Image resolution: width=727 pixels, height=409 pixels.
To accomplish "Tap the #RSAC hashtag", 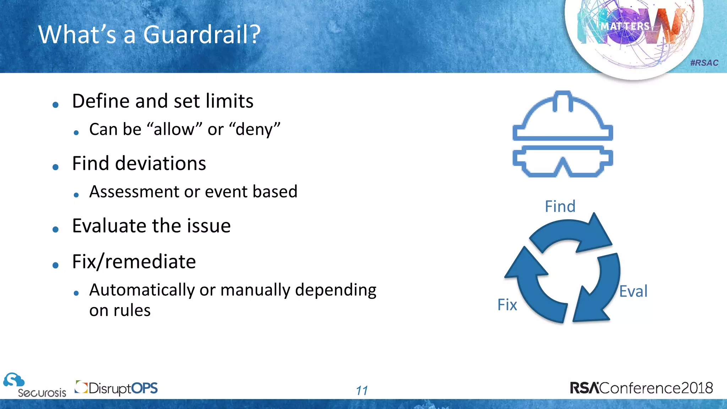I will coord(704,63).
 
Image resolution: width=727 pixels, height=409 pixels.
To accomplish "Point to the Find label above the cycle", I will coord(560,206).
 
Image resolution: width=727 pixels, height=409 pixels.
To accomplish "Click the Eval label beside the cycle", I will coord(633,291).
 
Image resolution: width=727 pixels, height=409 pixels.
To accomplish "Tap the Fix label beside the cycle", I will coord(507,305).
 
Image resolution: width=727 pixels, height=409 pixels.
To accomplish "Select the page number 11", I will coord(362,391).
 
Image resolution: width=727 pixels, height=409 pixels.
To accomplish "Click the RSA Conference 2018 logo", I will coord(641,388).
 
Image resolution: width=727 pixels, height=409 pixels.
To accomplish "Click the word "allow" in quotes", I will coord(174,130).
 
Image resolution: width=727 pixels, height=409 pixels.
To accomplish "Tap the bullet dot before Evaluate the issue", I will coord(55,229).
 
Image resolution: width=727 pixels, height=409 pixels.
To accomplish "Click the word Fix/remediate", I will coord(134,262).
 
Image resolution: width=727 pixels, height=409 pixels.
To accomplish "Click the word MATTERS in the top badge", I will coord(625,26).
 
